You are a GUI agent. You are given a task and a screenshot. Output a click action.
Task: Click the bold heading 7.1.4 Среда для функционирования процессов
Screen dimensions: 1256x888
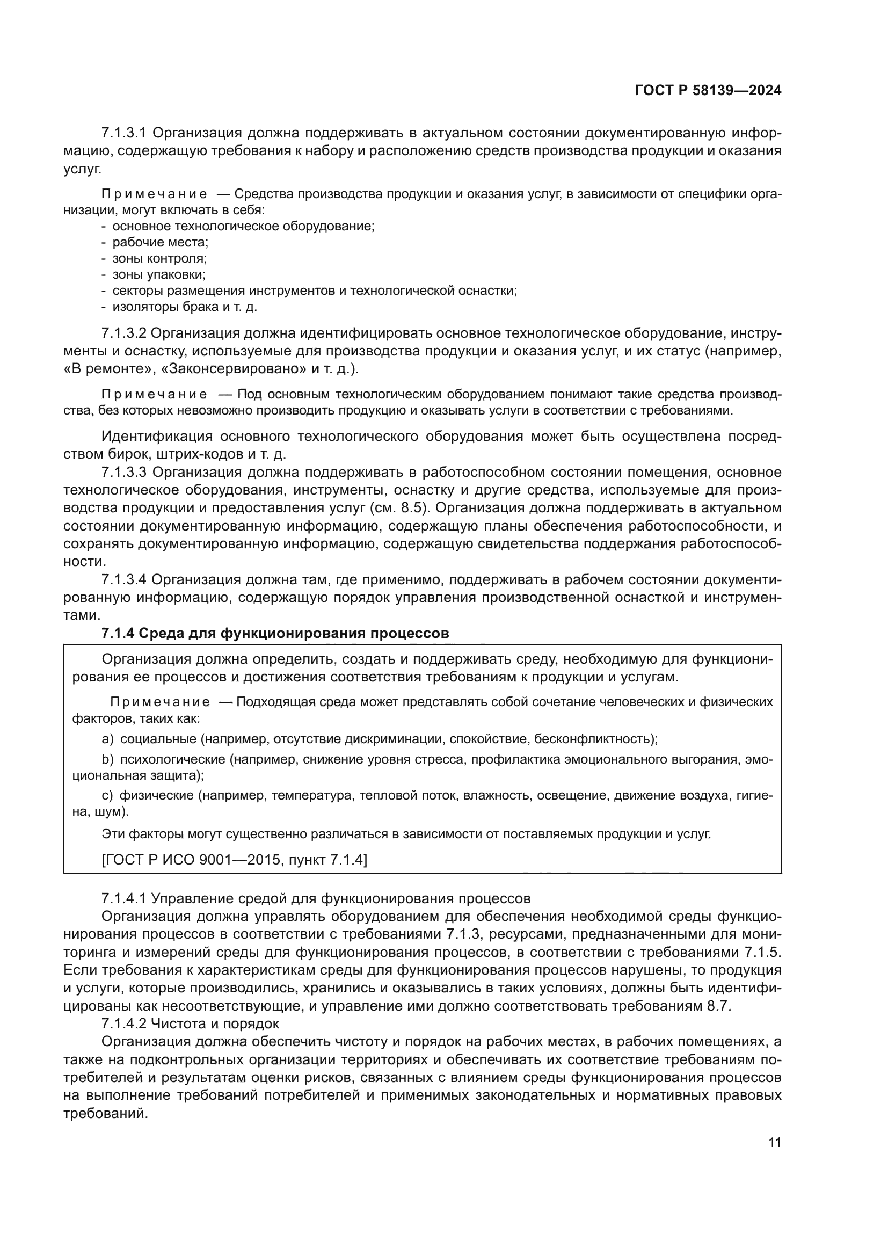[275, 634]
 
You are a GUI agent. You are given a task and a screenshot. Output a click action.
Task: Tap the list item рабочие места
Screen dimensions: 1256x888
[160, 242]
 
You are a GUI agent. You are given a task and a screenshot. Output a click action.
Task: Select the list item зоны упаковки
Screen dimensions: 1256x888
[158, 274]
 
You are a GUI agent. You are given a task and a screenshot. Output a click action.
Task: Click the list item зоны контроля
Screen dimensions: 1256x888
[159, 258]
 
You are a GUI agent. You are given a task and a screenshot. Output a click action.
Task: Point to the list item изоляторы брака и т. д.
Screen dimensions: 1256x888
[184, 307]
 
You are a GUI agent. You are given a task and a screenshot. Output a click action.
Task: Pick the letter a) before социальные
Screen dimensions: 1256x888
[107, 739]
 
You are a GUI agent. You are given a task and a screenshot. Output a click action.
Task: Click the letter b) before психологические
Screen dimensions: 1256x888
[107, 759]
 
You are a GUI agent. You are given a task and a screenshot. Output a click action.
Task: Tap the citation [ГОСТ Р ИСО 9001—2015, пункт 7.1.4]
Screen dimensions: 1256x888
[235, 860]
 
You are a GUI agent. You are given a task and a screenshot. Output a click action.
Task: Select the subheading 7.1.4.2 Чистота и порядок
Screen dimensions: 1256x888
[190, 1023]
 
